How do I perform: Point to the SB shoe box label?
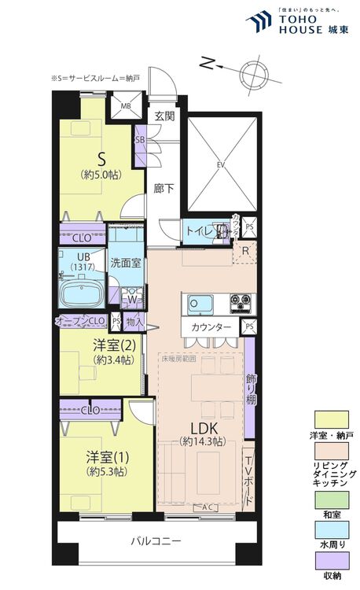click(140, 140)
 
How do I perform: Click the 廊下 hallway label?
click(163, 189)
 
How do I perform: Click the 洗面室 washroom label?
click(126, 264)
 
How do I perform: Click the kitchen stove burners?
click(237, 303)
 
